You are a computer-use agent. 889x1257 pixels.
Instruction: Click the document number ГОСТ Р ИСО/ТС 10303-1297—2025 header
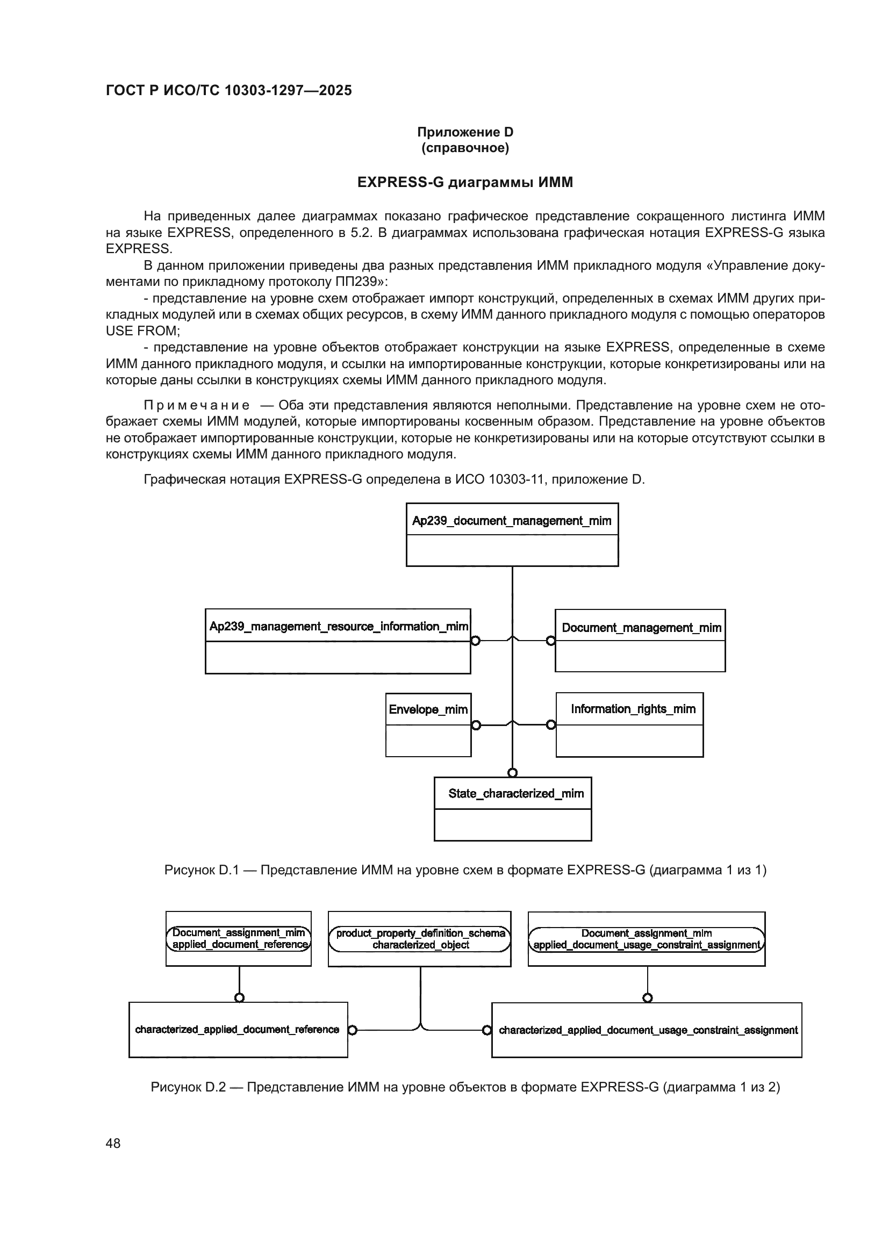pyautogui.click(x=229, y=91)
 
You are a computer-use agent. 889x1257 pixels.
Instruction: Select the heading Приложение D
pyautogui.click(x=465, y=132)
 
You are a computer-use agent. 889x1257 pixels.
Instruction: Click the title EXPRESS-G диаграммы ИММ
pyautogui.click(x=465, y=182)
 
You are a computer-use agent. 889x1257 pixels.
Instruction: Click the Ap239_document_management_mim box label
pyautogui.click(x=511, y=521)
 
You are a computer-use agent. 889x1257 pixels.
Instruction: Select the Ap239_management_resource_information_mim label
pyautogui.click(x=338, y=626)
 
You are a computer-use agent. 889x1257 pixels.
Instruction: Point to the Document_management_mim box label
pyautogui.click(x=641, y=627)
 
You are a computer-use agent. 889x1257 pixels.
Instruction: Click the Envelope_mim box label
pyautogui.click(x=428, y=709)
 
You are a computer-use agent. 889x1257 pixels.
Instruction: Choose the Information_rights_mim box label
pyautogui.click(x=633, y=709)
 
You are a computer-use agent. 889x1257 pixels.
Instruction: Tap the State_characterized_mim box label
pyautogui.click(x=515, y=793)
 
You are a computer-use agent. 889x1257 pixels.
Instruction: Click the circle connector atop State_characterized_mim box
pyautogui.click(x=512, y=773)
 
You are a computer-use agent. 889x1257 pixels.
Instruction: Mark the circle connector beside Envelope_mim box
pyautogui.click(x=476, y=726)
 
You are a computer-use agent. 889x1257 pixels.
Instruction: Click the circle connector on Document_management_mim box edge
pyautogui.click(x=551, y=641)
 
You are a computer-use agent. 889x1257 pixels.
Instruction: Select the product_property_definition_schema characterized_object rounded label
pyautogui.click(x=420, y=939)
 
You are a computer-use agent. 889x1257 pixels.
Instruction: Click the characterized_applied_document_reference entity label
pyautogui.click(x=237, y=1029)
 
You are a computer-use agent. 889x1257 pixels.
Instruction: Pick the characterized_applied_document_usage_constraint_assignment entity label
pyautogui.click(x=648, y=1030)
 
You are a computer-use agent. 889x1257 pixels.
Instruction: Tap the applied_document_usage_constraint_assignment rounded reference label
pyautogui.click(x=647, y=939)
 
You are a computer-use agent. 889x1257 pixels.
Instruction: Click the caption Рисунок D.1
pyautogui.click(x=465, y=870)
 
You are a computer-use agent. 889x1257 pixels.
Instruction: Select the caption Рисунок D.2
pyautogui.click(x=465, y=1087)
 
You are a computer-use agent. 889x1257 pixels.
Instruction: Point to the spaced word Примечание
pyautogui.click(x=197, y=405)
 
